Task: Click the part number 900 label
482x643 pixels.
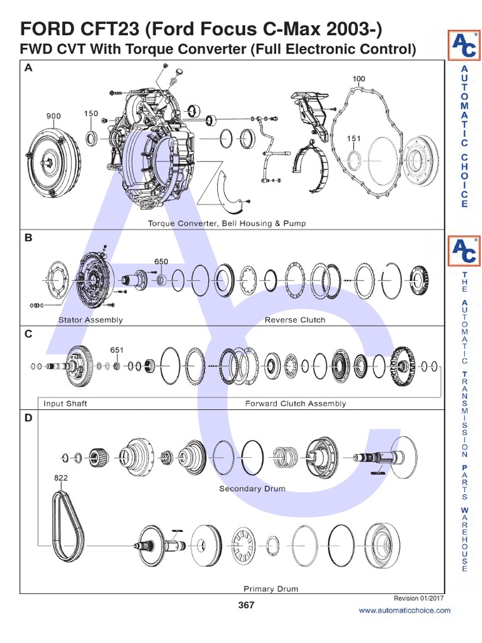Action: point(53,116)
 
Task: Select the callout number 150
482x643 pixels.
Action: point(91,114)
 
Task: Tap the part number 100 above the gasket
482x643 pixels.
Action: point(358,79)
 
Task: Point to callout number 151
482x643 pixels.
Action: point(354,138)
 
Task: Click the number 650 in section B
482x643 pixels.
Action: point(161,261)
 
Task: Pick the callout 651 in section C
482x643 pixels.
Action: point(117,350)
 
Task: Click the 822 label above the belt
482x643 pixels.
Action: point(60,478)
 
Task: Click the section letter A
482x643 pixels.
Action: point(28,69)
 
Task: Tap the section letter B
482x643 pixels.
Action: point(28,239)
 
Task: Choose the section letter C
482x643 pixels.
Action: point(28,335)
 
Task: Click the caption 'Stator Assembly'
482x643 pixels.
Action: point(90,320)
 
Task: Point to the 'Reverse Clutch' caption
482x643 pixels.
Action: point(295,320)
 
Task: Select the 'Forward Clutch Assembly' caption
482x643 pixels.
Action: point(295,404)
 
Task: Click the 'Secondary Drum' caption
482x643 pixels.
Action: point(252,489)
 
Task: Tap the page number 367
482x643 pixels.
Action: point(246,605)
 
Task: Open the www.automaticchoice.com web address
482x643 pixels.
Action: point(404,610)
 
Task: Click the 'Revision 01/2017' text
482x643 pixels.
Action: point(418,598)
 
